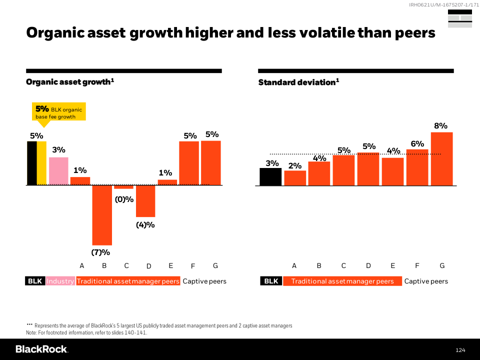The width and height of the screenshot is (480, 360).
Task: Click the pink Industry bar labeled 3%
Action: (58, 171)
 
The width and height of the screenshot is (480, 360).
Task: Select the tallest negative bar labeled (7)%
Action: (102, 215)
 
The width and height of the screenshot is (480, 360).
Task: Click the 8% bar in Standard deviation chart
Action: (441, 158)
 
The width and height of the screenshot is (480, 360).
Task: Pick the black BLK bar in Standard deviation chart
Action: (270, 176)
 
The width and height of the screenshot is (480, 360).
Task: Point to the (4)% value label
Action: (145, 225)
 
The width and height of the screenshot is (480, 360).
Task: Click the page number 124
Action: (460, 349)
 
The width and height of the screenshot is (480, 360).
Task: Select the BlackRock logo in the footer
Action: (41, 349)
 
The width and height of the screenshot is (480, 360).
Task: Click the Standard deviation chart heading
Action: (298, 82)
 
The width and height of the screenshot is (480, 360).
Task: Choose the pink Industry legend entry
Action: (60, 281)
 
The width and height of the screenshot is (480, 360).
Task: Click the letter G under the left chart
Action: (215, 265)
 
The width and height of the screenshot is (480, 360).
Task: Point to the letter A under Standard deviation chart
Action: (294, 265)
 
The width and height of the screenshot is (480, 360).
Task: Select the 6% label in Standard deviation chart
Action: (417, 144)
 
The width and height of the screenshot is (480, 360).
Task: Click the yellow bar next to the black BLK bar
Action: (41, 163)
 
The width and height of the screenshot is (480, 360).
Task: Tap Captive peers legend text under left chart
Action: (204, 281)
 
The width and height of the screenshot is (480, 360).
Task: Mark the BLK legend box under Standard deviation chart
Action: (271, 281)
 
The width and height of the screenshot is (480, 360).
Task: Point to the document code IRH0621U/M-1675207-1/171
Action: (440, 5)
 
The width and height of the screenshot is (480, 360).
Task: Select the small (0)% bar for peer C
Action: (123, 187)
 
